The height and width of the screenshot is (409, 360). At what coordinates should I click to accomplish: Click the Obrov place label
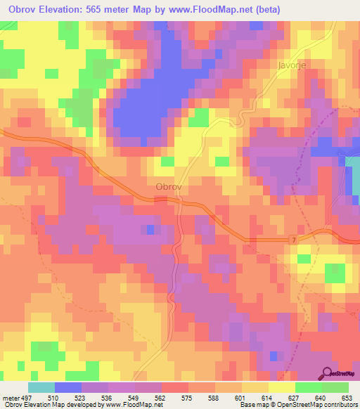click(169, 187)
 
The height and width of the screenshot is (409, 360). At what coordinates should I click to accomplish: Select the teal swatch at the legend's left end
click(41, 387)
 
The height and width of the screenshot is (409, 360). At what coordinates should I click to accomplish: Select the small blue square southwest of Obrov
click(150, 229)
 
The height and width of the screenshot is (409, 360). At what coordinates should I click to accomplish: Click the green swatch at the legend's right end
click(335, 387)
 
